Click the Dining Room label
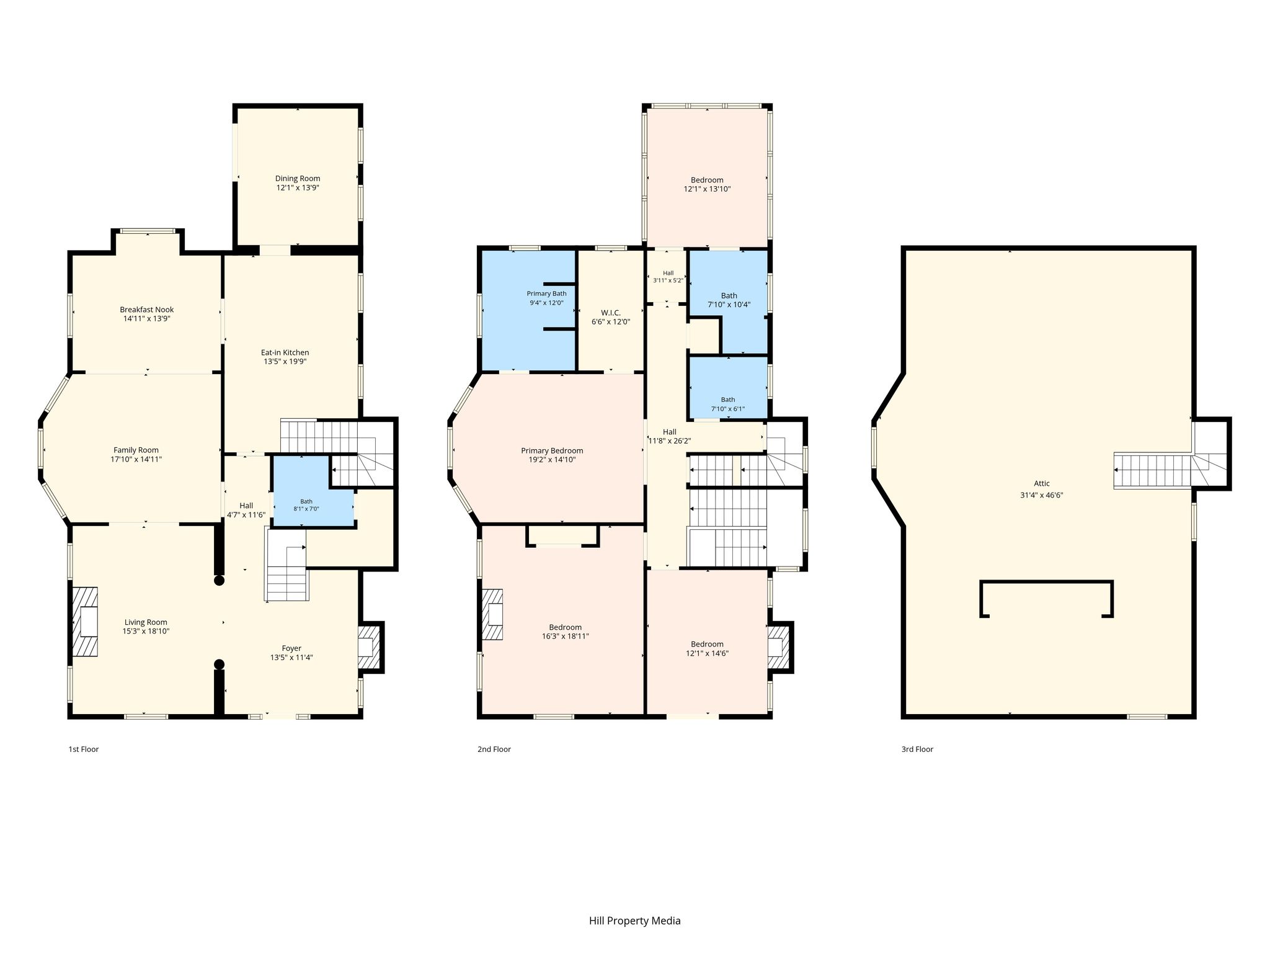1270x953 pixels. [298, 179]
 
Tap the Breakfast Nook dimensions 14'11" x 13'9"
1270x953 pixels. [147, 318]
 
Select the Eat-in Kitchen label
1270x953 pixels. [285, 352]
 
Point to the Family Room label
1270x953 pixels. [136, 450]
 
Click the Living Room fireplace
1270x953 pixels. [85, 622]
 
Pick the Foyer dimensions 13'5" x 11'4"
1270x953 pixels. [291, 658]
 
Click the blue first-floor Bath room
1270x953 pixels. [313, 491]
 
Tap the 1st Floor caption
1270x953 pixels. [84, 749]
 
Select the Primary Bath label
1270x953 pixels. [546, 293]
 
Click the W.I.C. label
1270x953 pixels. [611, 313]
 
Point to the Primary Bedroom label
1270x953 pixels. [552, 451]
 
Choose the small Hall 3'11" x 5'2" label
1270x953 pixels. [668, 277]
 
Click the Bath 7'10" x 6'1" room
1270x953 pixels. [729, 387]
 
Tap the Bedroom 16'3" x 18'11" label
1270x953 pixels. [566, 632]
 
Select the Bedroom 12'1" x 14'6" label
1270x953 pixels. [707, 648]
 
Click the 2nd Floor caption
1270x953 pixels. [494, 749]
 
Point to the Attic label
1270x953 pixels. [1042, 484]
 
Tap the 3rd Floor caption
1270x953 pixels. [917, 749]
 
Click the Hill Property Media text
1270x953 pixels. [635, 921]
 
